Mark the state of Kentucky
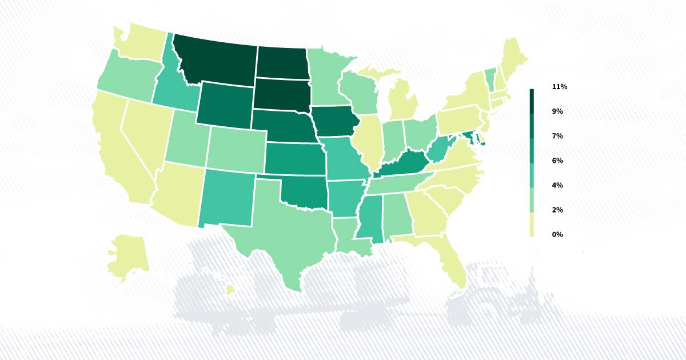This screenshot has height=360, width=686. point(403,166)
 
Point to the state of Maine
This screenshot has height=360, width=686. point(514,57)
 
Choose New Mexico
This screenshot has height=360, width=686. point(229,197)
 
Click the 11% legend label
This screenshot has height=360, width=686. point(559,87)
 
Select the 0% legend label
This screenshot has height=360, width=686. point(557,234)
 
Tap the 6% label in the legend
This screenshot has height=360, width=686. point(557,161)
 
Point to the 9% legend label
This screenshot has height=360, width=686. point(557,111)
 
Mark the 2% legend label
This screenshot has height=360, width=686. point(557,210)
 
